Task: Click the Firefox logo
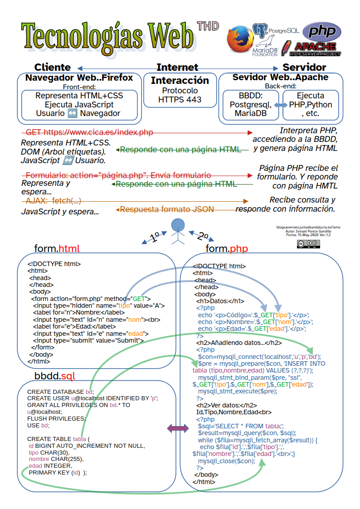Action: [x=240, y=39]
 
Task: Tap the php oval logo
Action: [x=322, y=31]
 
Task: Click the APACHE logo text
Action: [x=315, y=46]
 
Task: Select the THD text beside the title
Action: [x=208, y=26]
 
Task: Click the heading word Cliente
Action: [x=53, y=67]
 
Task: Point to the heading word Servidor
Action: [x=304, y=67]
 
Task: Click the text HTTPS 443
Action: [x=180, y=100]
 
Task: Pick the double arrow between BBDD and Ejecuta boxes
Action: [x=281, y=105]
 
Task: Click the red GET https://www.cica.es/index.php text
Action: [x=89, y=132]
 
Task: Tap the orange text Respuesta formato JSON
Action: [x=167, y=209]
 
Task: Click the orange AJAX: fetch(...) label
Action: [x=53, y=201]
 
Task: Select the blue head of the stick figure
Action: [x=178, y=225]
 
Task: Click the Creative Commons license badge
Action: [x=308, y=244]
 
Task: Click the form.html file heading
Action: [x=57, y=248]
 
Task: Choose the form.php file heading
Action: [x=227, y=248]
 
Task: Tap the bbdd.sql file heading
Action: [x=54, y=376]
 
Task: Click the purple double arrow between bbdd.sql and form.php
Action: [x=178, y=428]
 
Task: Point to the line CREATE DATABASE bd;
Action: [x=61, y=392]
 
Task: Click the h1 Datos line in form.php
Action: [x=220, y=301]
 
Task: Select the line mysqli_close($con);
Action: [x=227, y=461]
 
